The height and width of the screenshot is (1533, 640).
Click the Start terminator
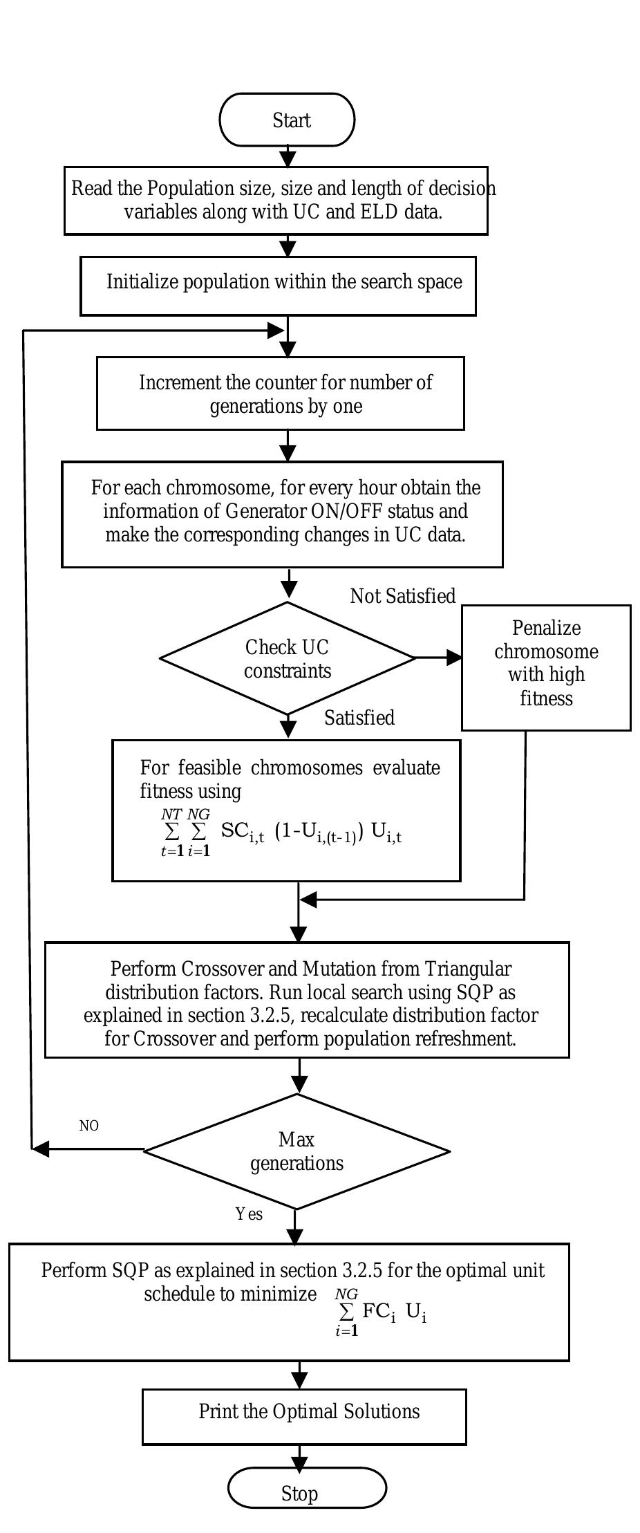287,120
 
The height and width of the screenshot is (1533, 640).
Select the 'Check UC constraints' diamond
287,658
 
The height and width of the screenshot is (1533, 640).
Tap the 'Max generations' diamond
297,1151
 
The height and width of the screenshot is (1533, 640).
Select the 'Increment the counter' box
280,393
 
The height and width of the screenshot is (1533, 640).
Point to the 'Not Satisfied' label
403,596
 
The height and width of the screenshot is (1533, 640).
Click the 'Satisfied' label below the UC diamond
359,718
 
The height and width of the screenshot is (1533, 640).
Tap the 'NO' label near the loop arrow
89,1126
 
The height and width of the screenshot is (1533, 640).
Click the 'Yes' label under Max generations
249,1214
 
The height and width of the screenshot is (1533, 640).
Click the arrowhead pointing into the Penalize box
454,658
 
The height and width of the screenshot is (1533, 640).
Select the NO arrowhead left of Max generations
41,1149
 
